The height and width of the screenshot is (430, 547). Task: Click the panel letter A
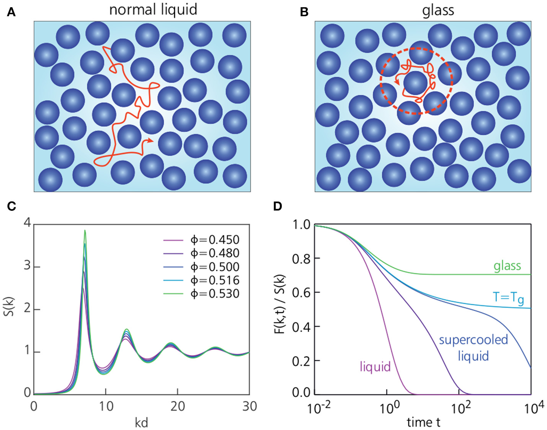coord(11,13)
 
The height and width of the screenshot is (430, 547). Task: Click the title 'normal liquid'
coord(153,9)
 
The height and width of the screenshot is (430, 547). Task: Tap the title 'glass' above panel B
coord(438,10)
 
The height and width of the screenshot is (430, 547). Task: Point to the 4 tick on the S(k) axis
coord(27,222)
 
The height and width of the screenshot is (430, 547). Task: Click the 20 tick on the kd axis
coord(178,406)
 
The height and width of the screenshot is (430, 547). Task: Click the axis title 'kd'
coord(141,423)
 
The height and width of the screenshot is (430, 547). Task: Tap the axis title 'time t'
coord(423,422)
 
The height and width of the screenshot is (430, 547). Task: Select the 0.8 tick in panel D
coord(301,259)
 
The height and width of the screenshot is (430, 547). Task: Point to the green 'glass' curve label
coord(507,265)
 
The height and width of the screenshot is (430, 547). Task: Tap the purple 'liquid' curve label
coord(375,366)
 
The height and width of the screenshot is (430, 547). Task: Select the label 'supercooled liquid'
coord(474,347)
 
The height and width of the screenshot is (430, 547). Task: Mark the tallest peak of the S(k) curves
coord(85,231)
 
